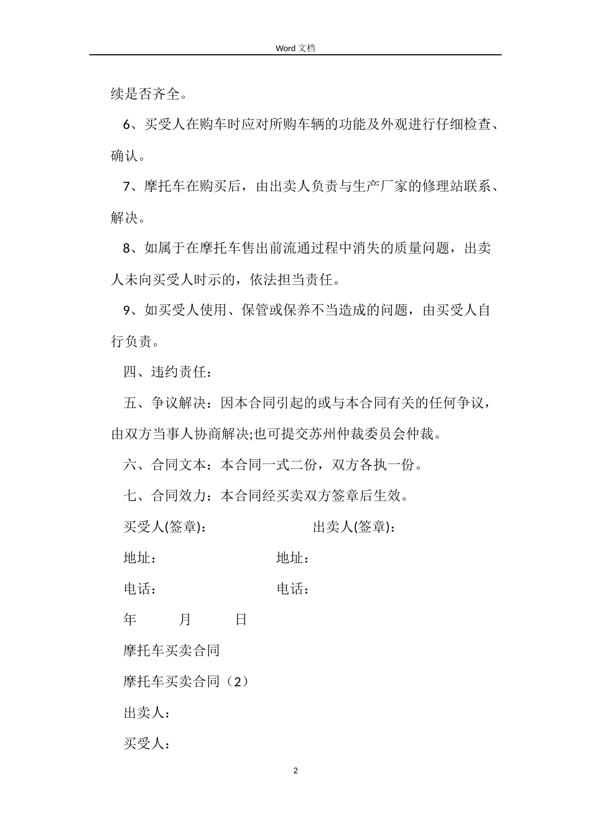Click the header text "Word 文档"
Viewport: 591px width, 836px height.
pyautogui.click(x=295, y=48)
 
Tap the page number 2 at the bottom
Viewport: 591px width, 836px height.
pyautogui.click(x=295, y=771)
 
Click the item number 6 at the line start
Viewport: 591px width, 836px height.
pyautogui.click(x=128, y=125)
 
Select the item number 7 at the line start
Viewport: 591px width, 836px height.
pyautogui.click(x=128, y=187)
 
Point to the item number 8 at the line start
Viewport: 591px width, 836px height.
pyautogui.click(x=128, y=249)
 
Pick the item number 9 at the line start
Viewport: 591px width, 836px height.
pyautogui.click(x=128, y=310)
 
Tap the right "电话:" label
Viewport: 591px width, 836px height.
pyautogui.click(x=292, y=589)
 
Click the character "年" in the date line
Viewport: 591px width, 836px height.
pyautogui.click(x=130, y=620)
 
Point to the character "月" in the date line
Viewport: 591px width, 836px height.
pyautogui.click(x=185, y=620)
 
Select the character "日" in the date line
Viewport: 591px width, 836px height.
pyautogui.click(x=241, y=620)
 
